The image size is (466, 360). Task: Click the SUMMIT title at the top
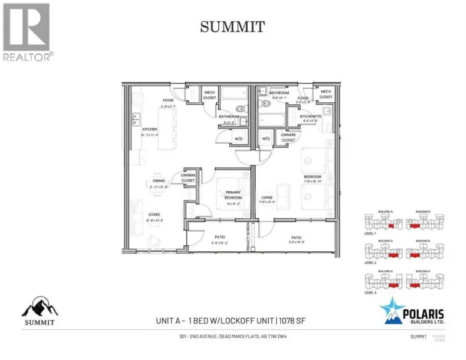(232, 27)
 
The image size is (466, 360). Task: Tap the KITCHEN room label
(150, 129)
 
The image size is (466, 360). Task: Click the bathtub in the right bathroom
(272, 119)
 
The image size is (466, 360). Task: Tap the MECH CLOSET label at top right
(326, 94)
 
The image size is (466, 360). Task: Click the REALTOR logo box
(26, 27)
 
